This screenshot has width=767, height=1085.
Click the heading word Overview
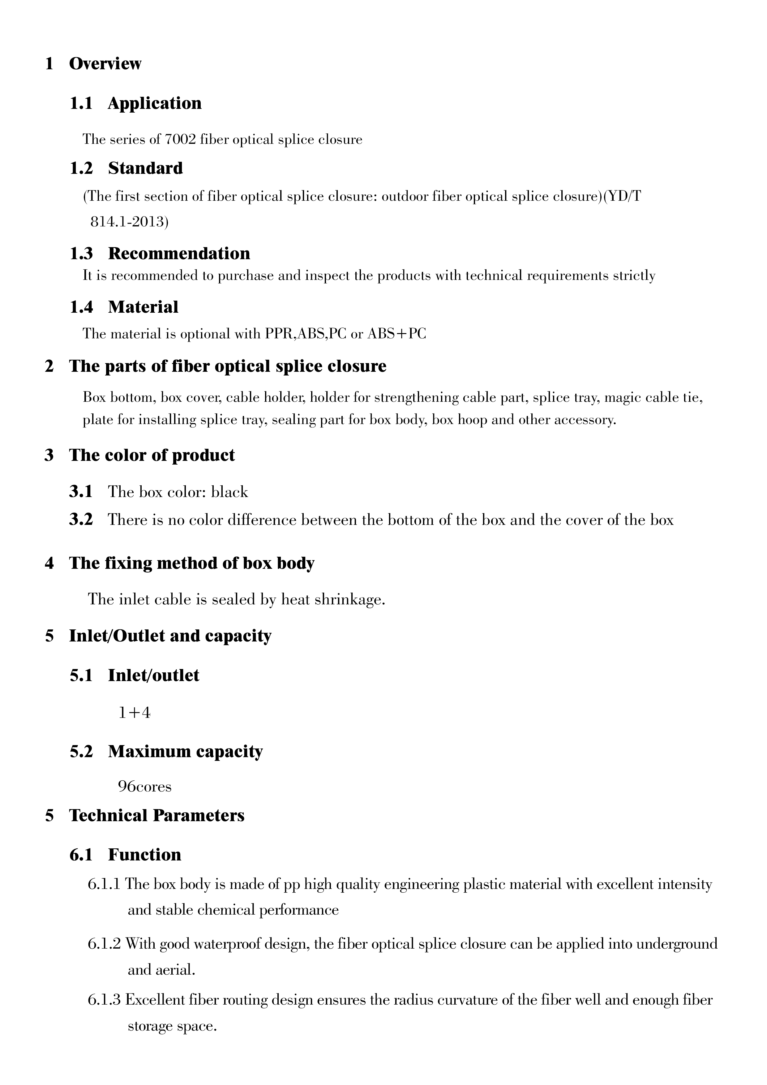pos(105,63)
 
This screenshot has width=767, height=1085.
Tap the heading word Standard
pos(145,168)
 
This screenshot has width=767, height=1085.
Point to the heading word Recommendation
pos(179,253)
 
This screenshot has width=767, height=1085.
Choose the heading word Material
pos(143,307)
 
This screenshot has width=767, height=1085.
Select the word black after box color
pos(229,492)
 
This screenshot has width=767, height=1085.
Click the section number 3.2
pos(81,520)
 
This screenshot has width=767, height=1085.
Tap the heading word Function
pos(145,854)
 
